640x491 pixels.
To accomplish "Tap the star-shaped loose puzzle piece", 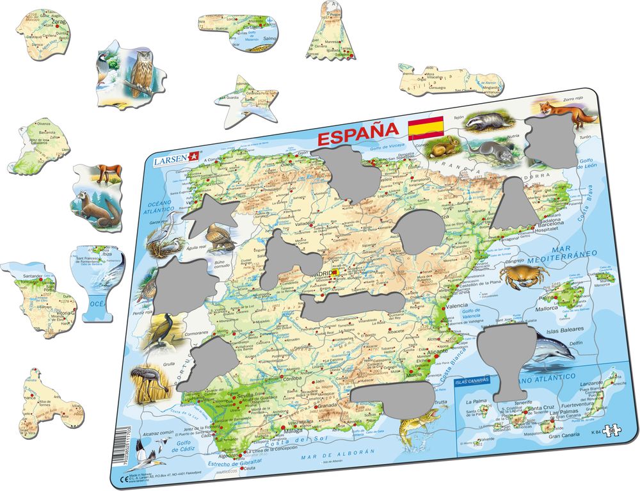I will (246, 99).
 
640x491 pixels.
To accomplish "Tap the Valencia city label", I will (458, 306).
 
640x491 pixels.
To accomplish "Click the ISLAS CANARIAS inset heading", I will (472, 381).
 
